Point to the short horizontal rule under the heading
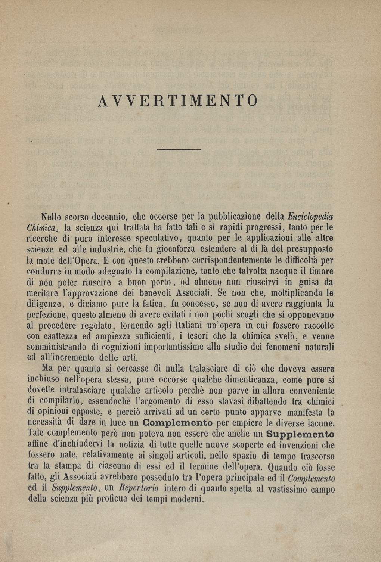point(179,150)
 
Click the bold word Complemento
point(178,423)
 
